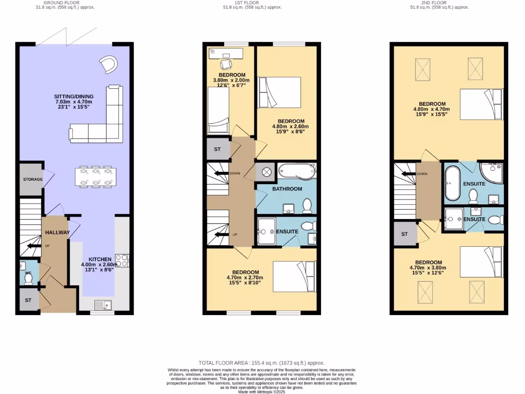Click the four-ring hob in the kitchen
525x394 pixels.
point(122,261)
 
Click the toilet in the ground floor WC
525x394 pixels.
point(29,278)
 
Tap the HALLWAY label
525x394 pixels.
point(57,232)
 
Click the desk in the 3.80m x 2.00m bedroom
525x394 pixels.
point(226,52)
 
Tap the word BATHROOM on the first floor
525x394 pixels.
point(287,189)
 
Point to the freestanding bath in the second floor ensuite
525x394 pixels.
point(452,183)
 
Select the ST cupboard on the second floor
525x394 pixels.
point(405,234)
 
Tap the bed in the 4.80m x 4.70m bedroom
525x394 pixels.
point(480,105)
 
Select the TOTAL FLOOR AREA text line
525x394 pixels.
point(262,362)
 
